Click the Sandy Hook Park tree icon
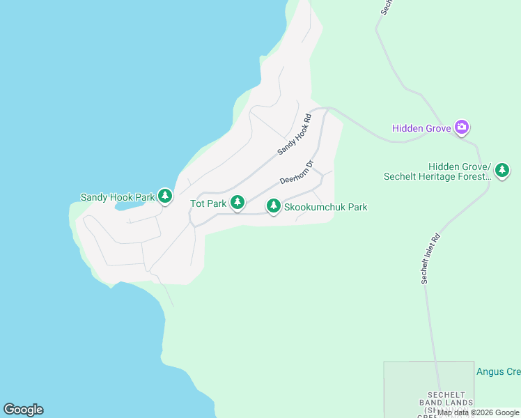pos(165,196)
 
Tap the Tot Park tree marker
pos(238,203)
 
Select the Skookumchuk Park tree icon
pos(274,206)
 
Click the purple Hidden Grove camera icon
pos(461,127)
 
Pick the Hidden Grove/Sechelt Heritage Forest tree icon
pos(501,170)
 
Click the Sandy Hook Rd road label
pos(293,135)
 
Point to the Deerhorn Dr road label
pos(297,171)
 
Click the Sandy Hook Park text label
pos(117,197)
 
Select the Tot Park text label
pos(208,203)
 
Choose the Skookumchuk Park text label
pos(325,207)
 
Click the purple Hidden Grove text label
pos(422,128)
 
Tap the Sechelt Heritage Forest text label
pos(437,176)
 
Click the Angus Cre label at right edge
pos(498,371)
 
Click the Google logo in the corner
pos(23,410)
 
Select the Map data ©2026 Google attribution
pos(478,412)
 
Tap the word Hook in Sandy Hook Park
pos(122,197)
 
